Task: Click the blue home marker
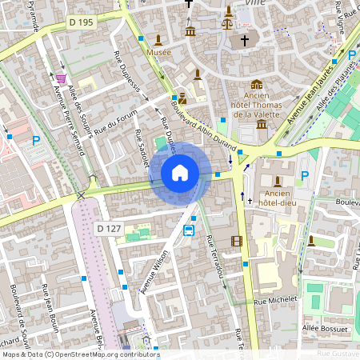coord(180,172)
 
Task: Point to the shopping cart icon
coord(62,78)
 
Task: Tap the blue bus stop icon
coord(189,230)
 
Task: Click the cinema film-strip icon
coord(236,241)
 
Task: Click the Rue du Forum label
coord(111,126)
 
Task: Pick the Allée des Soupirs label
coord(81,112)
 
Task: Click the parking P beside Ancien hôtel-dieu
coord(304,175)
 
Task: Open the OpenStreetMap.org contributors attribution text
coord(103,354)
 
